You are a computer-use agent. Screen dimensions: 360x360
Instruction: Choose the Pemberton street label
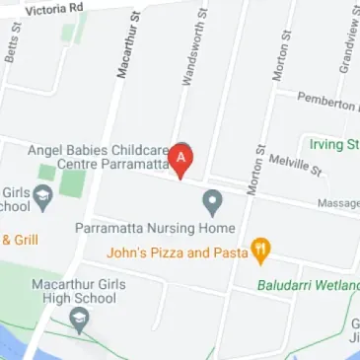point(327,102)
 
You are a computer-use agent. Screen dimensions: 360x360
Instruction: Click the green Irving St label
point(333,144)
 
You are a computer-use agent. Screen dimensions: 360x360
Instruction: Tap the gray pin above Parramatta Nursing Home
point(212,203)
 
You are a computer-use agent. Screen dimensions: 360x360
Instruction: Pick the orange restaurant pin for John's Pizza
point(260,251)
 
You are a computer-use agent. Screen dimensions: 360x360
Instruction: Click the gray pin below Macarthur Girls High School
point(80,320)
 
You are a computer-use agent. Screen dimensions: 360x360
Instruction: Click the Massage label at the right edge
point(337,204)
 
